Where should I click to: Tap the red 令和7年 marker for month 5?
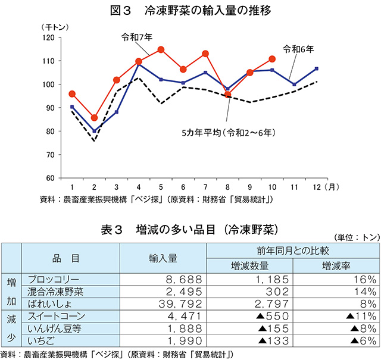tap(161, 50)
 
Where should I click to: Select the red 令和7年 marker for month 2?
tap(94, 118)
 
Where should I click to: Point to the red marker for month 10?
tap(272, 59)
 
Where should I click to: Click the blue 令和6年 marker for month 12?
tap(316, 68)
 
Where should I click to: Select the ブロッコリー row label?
tap(54, 279)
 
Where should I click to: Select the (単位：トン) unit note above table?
tap(355, 236)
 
